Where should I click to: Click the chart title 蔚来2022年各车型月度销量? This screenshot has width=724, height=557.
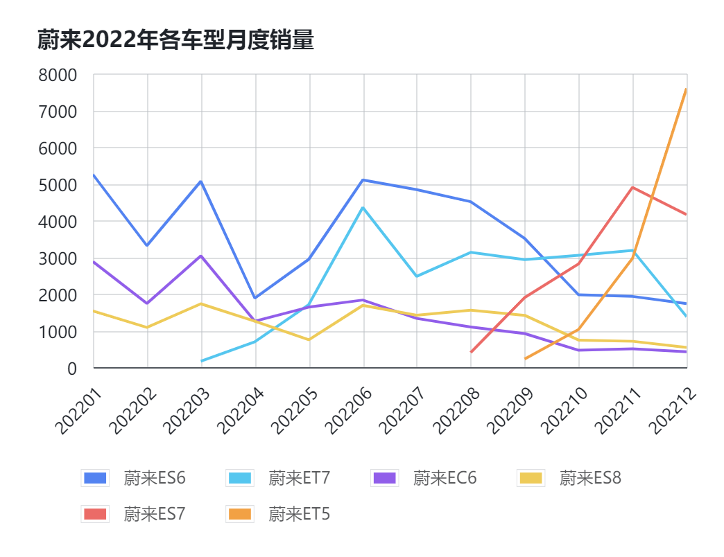175,40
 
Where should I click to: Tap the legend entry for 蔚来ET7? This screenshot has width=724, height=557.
279,478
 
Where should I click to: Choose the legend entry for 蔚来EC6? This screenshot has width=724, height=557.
424,478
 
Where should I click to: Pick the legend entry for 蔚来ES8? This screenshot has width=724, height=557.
570,478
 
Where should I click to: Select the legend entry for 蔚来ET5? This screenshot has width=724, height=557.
279,514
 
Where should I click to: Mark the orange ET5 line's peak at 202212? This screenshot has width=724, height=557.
686,89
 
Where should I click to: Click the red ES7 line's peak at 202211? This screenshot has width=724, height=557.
632,187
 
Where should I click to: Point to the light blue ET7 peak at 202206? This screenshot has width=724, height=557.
363,208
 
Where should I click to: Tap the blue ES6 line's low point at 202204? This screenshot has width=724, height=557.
255,298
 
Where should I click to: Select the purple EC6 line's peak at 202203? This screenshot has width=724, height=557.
201,256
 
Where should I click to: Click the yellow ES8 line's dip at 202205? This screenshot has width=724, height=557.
309,339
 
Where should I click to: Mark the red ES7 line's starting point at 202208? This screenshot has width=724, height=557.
471,352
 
